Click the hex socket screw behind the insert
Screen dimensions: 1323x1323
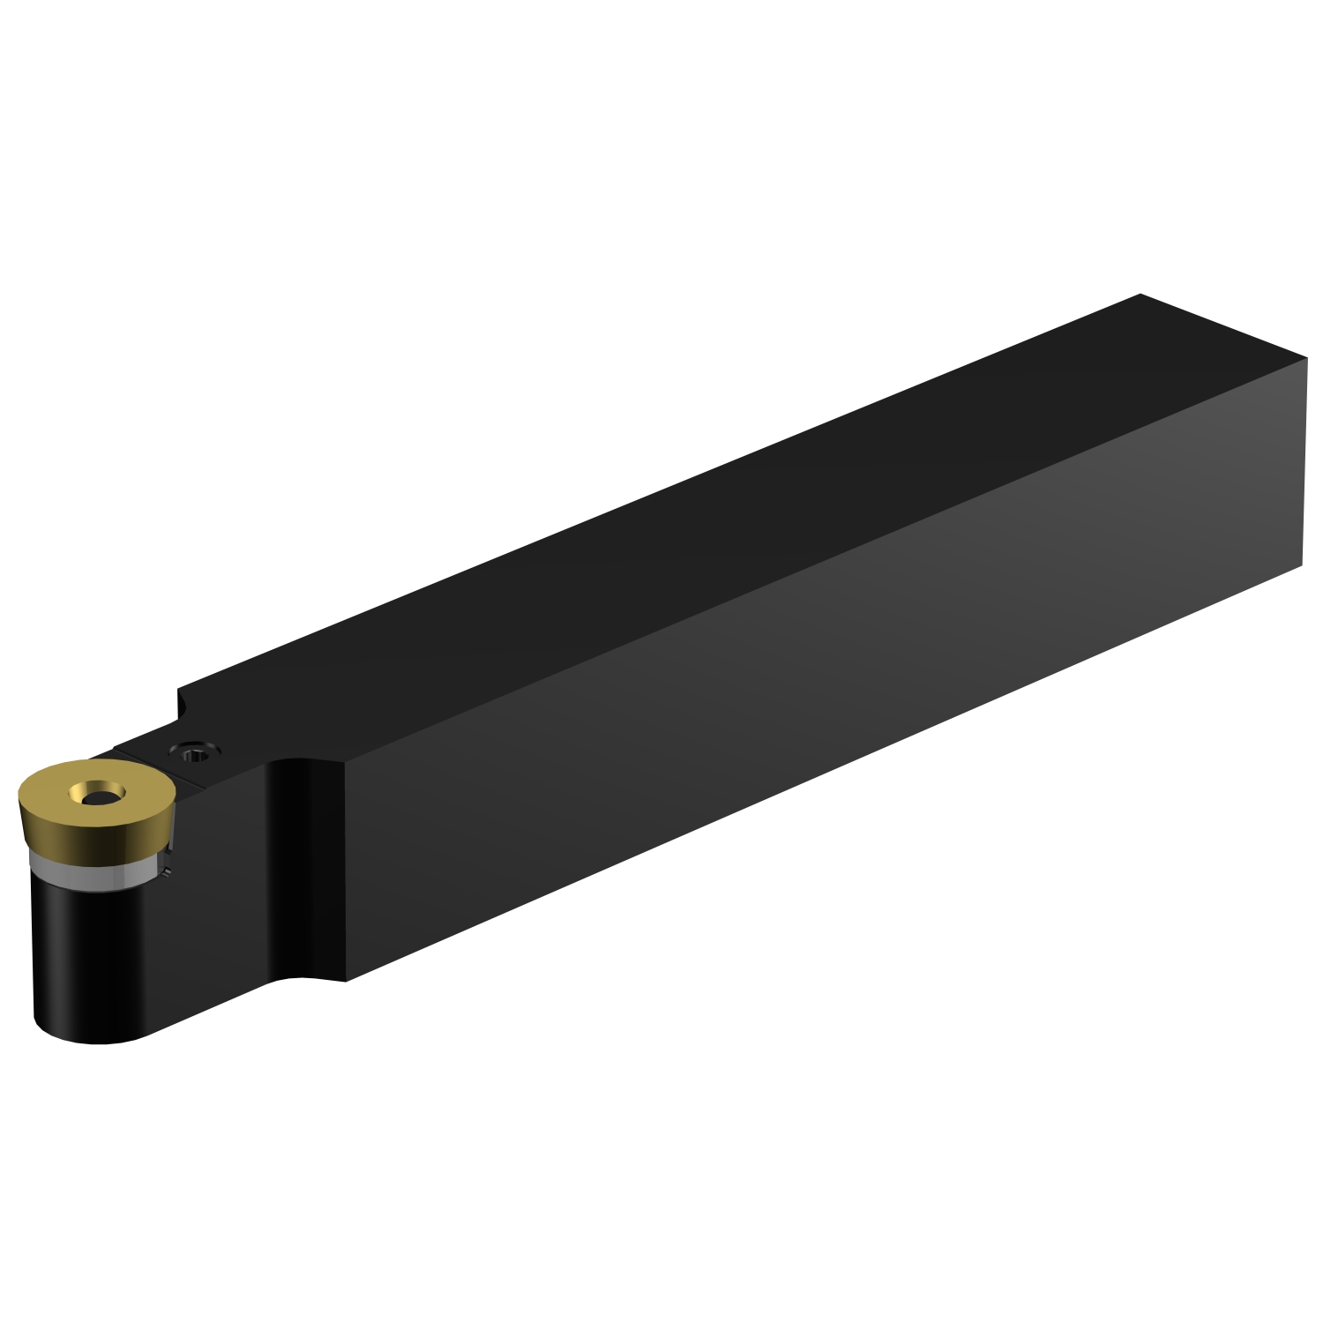tap(194, 752)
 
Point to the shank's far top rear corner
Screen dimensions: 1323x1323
tap(1140, 295)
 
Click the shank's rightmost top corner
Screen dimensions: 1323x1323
tap(1306, 360)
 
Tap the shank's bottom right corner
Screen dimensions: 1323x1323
tap(1301, 567)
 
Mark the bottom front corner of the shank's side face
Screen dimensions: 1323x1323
tap(346, 980)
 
